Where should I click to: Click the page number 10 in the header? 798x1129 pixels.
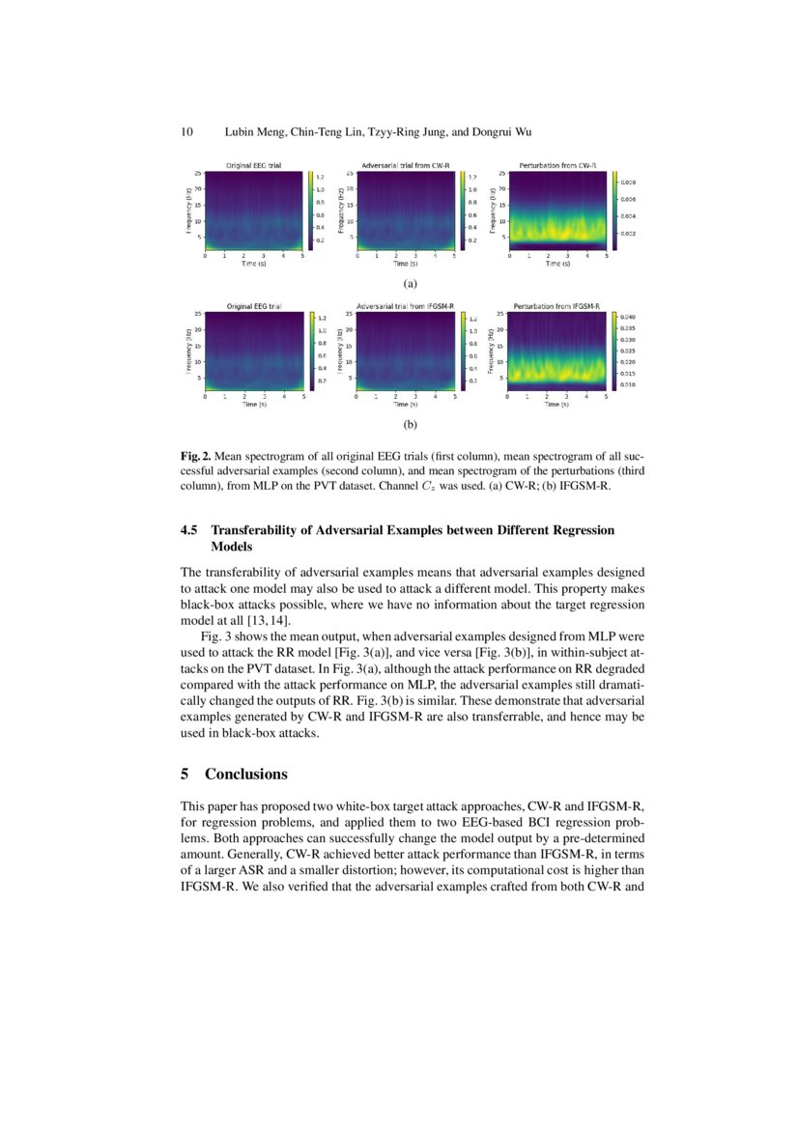(188, 131)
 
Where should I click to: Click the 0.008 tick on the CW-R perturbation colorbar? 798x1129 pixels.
(627, 182)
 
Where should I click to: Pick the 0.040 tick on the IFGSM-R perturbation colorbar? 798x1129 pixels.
(627, 317)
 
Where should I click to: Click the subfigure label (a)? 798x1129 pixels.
(410, 284)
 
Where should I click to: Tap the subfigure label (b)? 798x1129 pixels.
(410, 424)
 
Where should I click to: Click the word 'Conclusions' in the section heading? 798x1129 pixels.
(246, 775)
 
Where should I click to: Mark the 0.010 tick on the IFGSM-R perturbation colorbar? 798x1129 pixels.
(627, 383)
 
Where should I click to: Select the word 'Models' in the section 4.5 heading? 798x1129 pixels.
(234, 546)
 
